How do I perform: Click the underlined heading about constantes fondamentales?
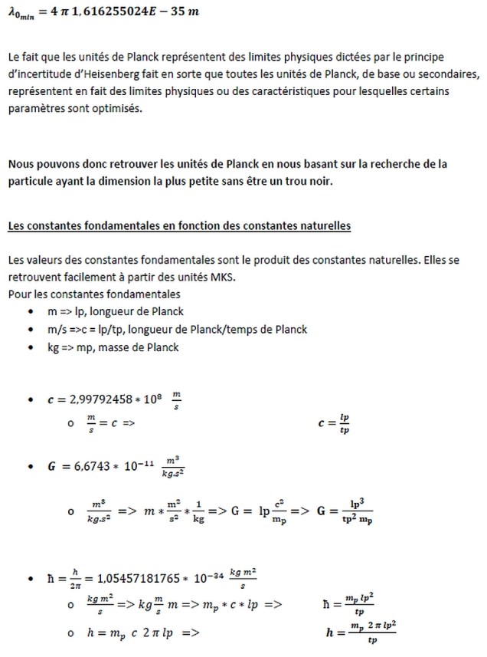tap(179, 226)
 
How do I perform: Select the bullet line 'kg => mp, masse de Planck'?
tap(113, 347)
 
